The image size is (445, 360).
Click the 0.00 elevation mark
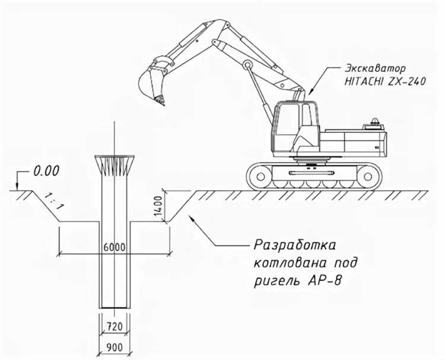click(46, 171)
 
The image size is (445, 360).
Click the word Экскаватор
click(368, 69)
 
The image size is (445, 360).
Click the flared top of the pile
click(114, 164)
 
